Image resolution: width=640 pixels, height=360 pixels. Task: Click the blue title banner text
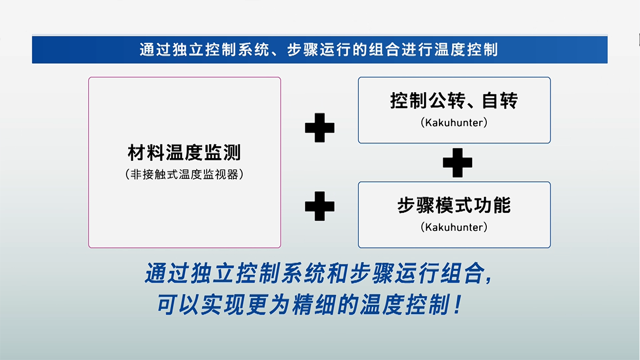point(319,50)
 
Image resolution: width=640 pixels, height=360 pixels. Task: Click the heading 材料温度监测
point(184,152)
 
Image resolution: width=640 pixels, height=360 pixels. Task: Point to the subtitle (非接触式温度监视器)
point(184,175)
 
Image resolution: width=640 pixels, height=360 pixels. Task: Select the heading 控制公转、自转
point(454,100)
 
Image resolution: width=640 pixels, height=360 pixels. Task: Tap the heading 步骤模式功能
point(454,205)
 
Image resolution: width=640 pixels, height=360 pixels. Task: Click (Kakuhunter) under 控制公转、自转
point(454,123)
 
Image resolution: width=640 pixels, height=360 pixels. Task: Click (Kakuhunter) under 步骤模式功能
point(454,227)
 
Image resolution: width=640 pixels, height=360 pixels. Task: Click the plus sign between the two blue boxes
point(457,163)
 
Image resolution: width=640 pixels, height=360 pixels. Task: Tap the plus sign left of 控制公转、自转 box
point(319,128)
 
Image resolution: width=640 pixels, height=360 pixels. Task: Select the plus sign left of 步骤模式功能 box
point(319,206)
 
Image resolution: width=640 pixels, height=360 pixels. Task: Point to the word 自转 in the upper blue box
point(500,100)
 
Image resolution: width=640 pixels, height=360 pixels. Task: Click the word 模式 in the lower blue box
point(454,205)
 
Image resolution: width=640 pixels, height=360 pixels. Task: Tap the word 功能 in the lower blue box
point(492,205)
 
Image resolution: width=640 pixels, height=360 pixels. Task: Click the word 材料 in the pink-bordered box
point(146,152)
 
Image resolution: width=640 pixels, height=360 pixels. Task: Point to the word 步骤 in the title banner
point(303,50)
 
